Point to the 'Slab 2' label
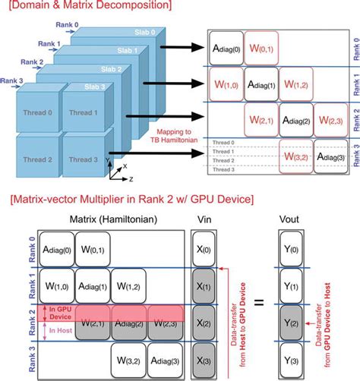pyautogui.click(x=108, y=68)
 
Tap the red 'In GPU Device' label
pyautogui.click(x=59, y=312)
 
